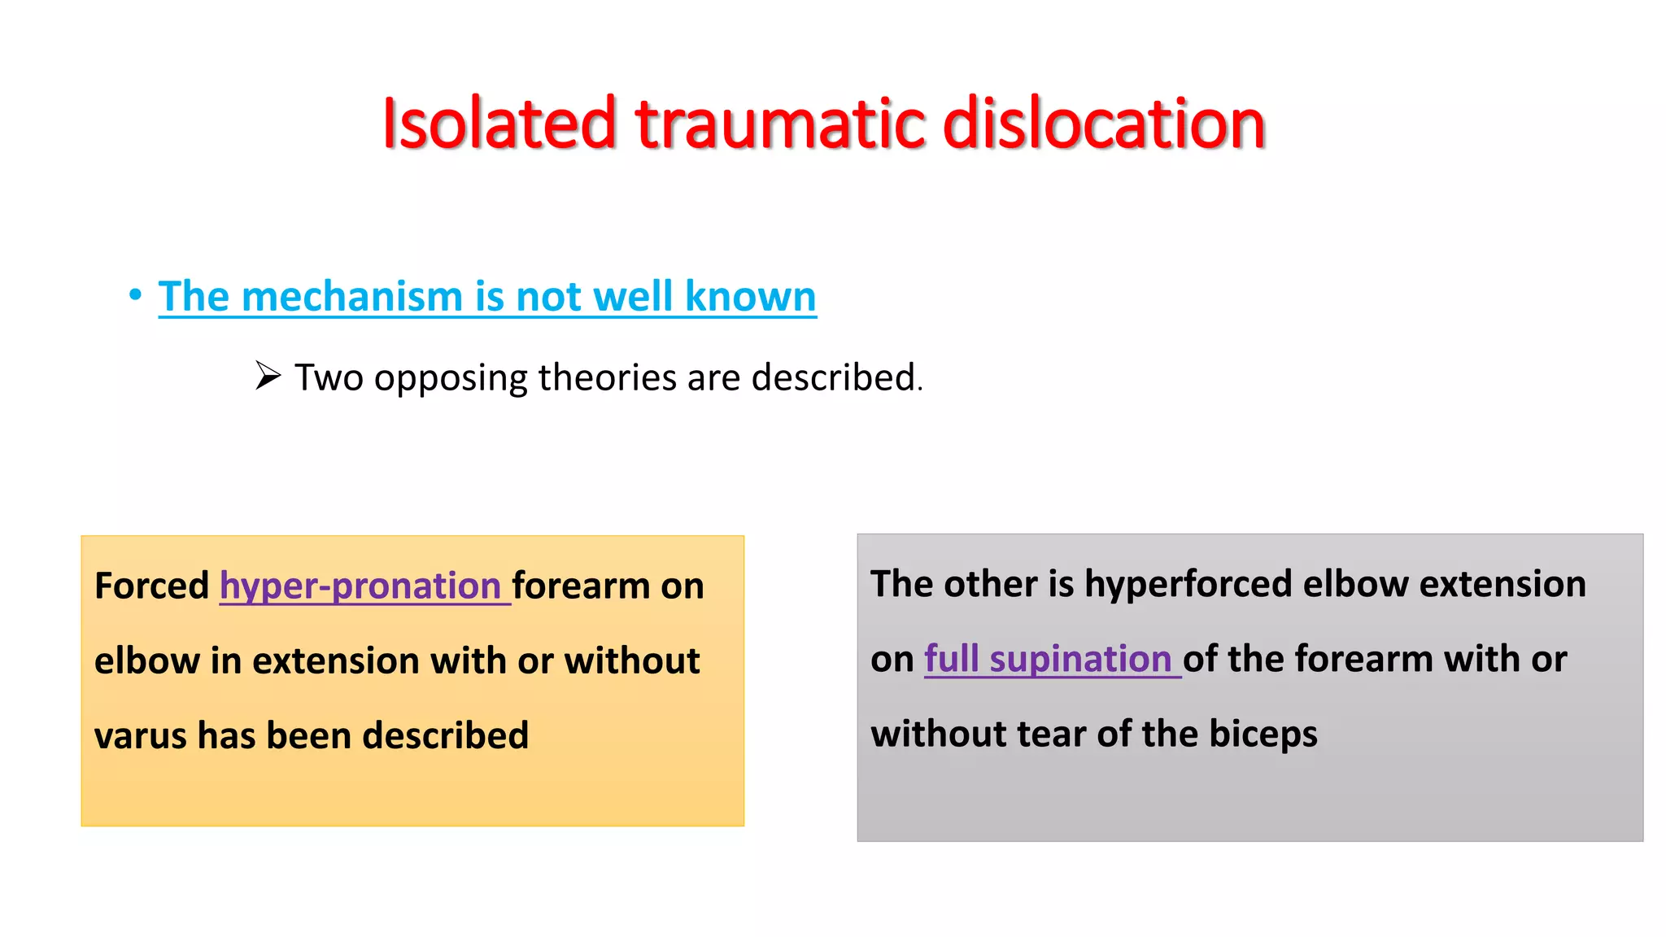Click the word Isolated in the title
click(x=498, y=124)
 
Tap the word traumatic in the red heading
click(x=779, y=124)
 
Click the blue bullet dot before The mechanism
click(x=135, y=294)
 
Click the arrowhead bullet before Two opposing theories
click(x=268, y=376)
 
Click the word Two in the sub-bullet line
click(x=329, y=377)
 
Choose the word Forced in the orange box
click(x=151, y=586)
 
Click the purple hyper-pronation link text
click(x=360, y=586)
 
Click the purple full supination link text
click(x=1048, y=659)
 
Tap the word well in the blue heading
click(x=633, y=296)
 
